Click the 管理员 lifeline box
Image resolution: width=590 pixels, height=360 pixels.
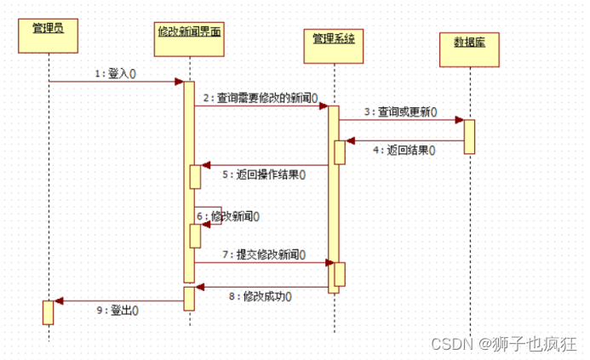click(x=48, y=34)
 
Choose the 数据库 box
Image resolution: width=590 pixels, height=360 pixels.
click(x=469, y=49)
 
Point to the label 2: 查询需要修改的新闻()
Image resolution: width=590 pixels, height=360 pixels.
click(x=261, y=98)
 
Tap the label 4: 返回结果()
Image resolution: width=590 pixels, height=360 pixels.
click(x=404, y=151)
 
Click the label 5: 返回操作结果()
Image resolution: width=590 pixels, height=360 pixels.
click(x=264, y=174)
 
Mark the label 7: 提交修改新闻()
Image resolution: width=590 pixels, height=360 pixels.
click(x=264, y=254)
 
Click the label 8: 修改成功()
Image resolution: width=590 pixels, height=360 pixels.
click(x=261, y=296)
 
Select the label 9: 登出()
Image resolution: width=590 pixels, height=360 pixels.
click(x=119, y=310)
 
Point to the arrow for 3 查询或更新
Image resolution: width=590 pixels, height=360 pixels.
click(x=401, y=120)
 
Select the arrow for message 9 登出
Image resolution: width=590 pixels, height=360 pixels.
click(x=119, y=300)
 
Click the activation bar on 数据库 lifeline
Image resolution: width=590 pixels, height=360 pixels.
click(x=469, y=136)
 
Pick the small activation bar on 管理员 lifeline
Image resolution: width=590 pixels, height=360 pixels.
click(x=49, y=311)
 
